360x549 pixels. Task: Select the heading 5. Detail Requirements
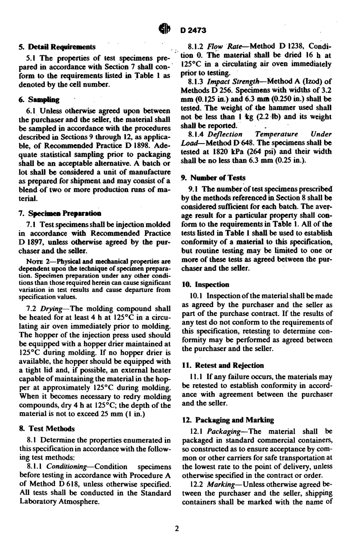57,47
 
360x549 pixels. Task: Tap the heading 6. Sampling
39,100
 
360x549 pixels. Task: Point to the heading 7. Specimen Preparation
60,213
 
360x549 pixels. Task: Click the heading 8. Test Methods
47,429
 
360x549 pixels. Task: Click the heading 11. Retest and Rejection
223,365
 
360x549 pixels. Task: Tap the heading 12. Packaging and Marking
228,420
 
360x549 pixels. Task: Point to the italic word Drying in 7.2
52,309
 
